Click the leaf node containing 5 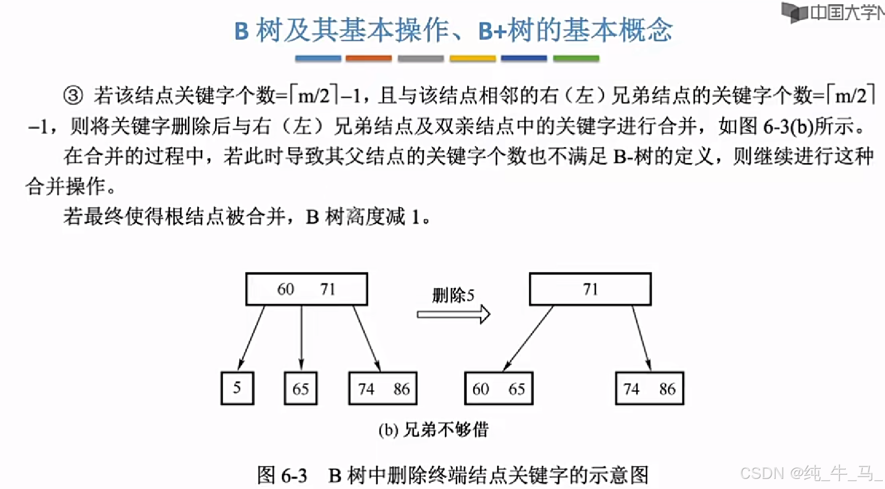237,388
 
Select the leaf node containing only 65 300,388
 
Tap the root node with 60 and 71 306,289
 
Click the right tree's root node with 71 590,289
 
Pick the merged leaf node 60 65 499,389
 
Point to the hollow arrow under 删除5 453,314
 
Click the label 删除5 453,295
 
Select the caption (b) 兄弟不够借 433,430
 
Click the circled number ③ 73,96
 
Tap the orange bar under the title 368,58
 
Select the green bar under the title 576,58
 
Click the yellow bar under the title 473,58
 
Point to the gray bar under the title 420,58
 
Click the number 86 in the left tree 401,389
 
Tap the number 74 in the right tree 631,389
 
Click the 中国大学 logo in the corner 832,12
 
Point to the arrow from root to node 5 251,338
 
